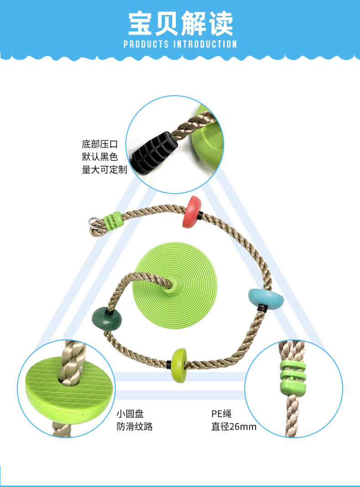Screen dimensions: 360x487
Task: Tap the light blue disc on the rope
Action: [x=265, y=298]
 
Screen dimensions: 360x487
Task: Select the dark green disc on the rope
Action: [x=106, y=318]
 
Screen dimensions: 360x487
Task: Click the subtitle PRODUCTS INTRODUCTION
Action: [x=180, y=44]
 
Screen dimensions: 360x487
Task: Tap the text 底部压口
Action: [x=100, y=145]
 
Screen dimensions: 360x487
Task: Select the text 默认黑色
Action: [x=100, y=157]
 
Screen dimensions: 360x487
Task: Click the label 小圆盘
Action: [x=130, y=414]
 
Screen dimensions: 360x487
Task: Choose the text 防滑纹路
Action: [x=134, y=427]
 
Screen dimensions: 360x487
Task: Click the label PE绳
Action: [x=221, y=414]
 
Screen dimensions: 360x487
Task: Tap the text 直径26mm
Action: [x=234, y=427]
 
